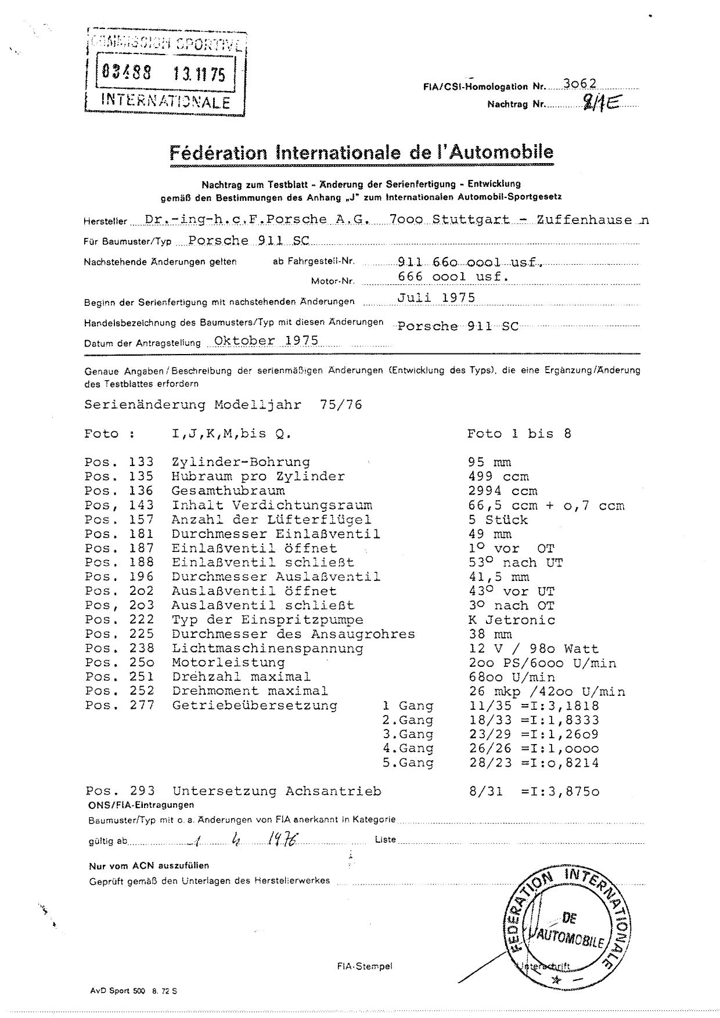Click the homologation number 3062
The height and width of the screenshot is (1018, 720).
click(x=579, y=84)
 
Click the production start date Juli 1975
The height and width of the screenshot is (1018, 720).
click(x=436, y=298)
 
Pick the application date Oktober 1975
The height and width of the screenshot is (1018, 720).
click(x=266, y=340)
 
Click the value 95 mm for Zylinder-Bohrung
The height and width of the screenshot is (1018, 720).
click(x=489, y=462)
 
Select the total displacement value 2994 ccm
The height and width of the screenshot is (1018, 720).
click(x=502, y=490)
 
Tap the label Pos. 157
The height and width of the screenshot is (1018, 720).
click(x=119, y=519)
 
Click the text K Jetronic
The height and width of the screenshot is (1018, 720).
click(x=511, y=620)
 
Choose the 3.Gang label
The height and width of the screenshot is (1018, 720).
click(x=408, y=734)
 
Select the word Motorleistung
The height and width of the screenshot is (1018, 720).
click(x=228, y=662)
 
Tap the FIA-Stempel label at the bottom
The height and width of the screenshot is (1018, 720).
click(x=364, y=966)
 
